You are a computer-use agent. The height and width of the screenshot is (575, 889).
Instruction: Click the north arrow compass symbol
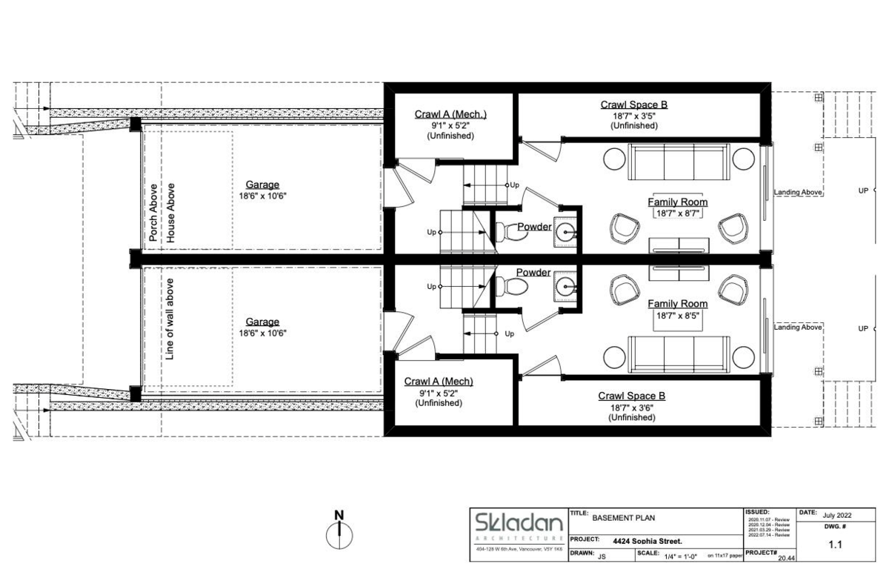point(339,532)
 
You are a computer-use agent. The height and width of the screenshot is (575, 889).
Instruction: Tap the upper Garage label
point(262,185)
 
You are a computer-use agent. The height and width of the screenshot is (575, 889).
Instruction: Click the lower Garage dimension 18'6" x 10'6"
point(262,333)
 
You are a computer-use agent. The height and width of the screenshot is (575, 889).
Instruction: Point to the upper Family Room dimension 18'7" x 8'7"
point(677,213)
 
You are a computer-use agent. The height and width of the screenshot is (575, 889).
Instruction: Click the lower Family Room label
point(677,304)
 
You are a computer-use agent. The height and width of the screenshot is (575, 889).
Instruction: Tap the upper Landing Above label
point(798,193)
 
